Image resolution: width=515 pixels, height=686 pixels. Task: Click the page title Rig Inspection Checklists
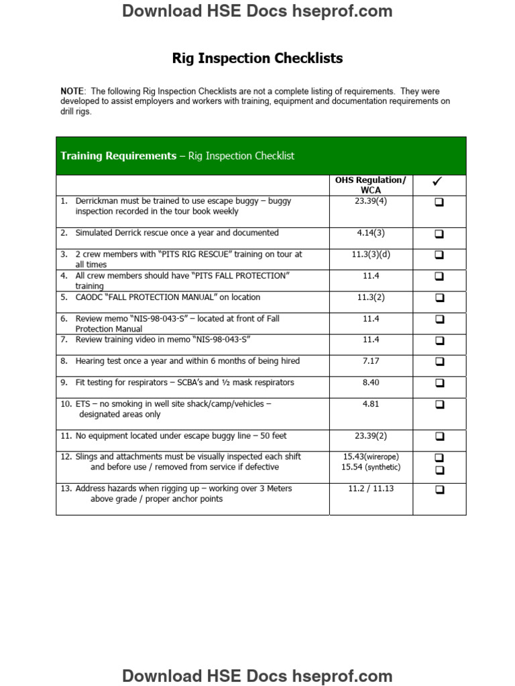coord(257,58)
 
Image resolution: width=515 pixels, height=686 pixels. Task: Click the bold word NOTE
coord(72,91)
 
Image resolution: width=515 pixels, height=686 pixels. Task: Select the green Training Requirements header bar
coord(261,156)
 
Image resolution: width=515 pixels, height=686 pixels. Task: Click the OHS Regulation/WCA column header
coord(371,185)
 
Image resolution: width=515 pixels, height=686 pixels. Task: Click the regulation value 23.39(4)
coord(371,201)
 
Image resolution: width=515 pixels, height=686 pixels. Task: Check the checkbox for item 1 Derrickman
coord(439,202)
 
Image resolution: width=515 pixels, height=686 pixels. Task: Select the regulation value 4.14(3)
coord(371,233)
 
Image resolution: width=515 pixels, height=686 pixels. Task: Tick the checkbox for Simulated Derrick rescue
coord(439,234)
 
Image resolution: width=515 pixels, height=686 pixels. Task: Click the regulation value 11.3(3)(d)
coord(371,255)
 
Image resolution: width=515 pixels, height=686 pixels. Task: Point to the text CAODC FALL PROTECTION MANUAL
coord(168,297)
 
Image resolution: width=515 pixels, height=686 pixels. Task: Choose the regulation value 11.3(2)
coord(371,297)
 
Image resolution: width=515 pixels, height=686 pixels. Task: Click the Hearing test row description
coord(187,361)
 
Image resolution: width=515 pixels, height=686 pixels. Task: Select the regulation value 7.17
coord(371,361)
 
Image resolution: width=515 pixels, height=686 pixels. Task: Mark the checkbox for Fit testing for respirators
coord(439,383)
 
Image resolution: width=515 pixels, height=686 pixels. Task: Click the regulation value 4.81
coord(371,404)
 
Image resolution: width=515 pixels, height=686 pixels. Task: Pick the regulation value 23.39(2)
coord(371,436)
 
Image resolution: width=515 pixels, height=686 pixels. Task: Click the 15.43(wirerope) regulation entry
coord(371,457)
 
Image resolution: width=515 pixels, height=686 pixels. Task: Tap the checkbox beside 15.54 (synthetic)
coord(439,470)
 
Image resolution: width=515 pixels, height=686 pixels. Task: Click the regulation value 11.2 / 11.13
coord(371,489)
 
